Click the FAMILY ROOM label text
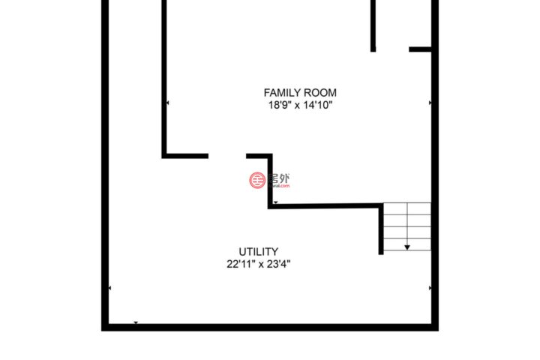pos(300,93)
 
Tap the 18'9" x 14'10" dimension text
pos(300,105)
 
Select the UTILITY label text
pos(258,251)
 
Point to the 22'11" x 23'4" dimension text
pos(258,264)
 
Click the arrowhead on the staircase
pos(407,247)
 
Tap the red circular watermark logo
pos(257,180)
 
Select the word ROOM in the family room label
pos(321,93)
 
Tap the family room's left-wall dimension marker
pos(168,103)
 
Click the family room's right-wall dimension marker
pos(430,103)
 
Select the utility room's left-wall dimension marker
pos(109,288)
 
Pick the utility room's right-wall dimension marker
pos(430,288)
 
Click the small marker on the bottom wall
pos(136,322)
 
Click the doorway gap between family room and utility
pos(227,156)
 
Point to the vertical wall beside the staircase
pos(381,229)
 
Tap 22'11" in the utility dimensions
pos(241,264)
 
